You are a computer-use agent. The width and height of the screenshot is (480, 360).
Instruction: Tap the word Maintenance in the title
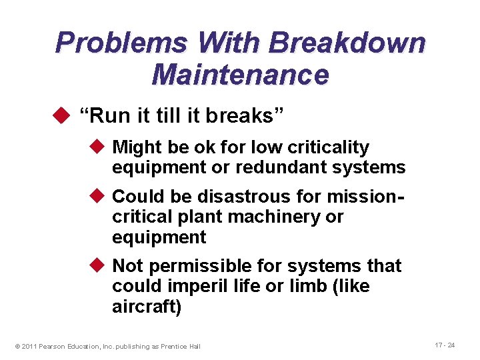240,75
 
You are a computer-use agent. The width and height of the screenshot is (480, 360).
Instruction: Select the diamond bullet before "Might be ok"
99,147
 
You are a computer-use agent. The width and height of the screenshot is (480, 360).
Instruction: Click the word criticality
326,147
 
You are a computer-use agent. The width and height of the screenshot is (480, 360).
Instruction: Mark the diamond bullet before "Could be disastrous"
99,196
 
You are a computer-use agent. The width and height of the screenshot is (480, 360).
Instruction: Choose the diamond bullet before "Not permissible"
99,265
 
